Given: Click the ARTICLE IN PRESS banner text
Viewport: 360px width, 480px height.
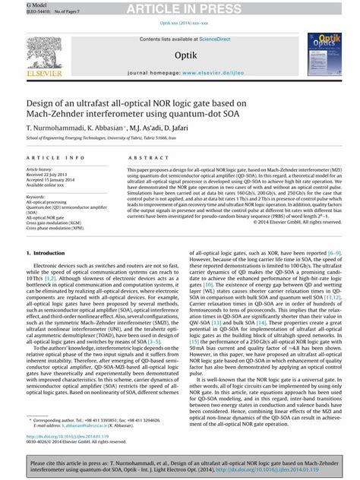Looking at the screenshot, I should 179,8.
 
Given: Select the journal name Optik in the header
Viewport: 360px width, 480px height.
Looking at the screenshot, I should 185,55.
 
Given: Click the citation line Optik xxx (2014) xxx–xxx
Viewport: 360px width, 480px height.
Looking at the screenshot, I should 180,23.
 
